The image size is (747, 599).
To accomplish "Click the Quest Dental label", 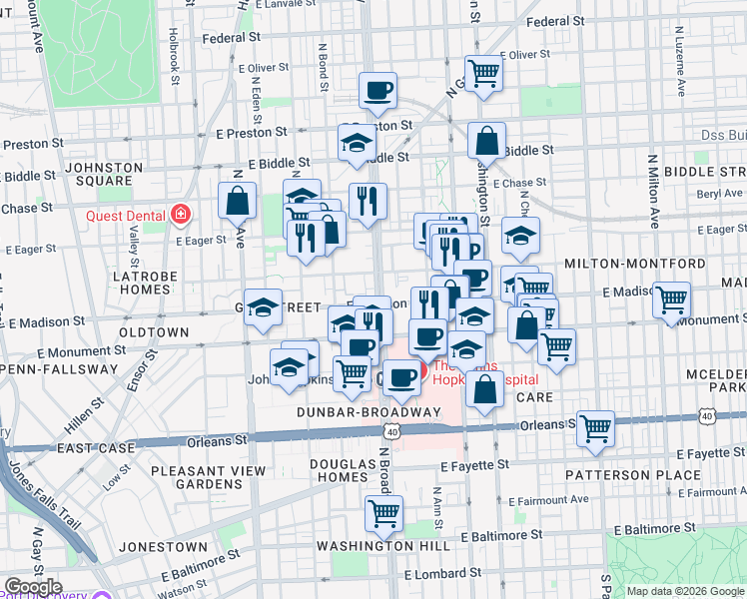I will (120, 213).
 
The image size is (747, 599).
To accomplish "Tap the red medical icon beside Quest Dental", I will (181, 213).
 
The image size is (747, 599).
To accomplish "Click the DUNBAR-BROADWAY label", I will (368, 411).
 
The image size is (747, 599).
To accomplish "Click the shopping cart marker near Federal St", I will (483, 72).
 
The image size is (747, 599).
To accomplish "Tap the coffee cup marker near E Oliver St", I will (377, 91).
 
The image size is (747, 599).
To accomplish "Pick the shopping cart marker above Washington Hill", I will (383, 513).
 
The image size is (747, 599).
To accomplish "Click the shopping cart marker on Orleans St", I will (595, 428).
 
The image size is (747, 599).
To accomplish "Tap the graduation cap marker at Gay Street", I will (263, 308).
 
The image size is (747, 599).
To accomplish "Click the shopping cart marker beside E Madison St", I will (672, 298).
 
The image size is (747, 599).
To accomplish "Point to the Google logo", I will (32, 587).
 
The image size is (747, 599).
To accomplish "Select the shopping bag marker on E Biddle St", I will (486, 142).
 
